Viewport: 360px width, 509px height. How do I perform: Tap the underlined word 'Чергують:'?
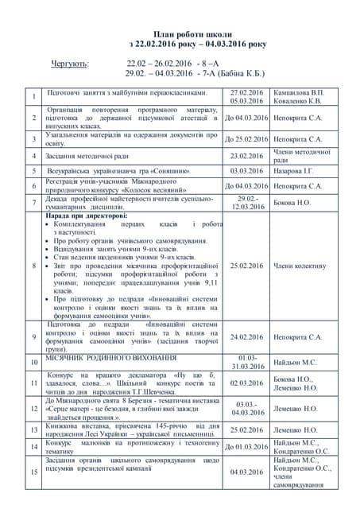(71, 62)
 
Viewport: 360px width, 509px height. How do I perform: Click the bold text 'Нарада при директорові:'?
(86, 216)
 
